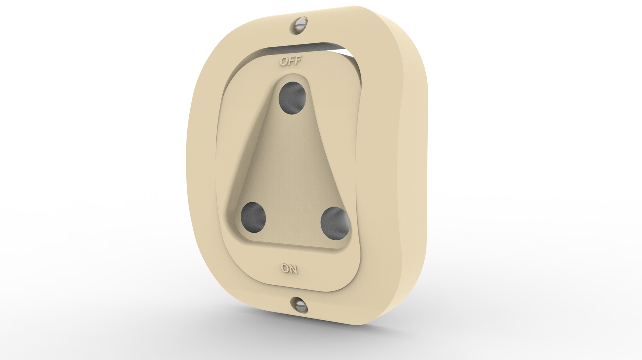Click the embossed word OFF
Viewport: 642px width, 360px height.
coord(291,61)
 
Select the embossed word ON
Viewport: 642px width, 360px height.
coord(289,268)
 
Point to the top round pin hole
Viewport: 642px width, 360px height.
coord(292,98)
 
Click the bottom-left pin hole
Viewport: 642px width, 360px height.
coord(253,217)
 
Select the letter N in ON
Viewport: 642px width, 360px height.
coord(293,269)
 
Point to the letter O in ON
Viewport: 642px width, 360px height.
coord(285,268)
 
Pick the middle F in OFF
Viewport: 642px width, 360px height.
coord(291,61)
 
